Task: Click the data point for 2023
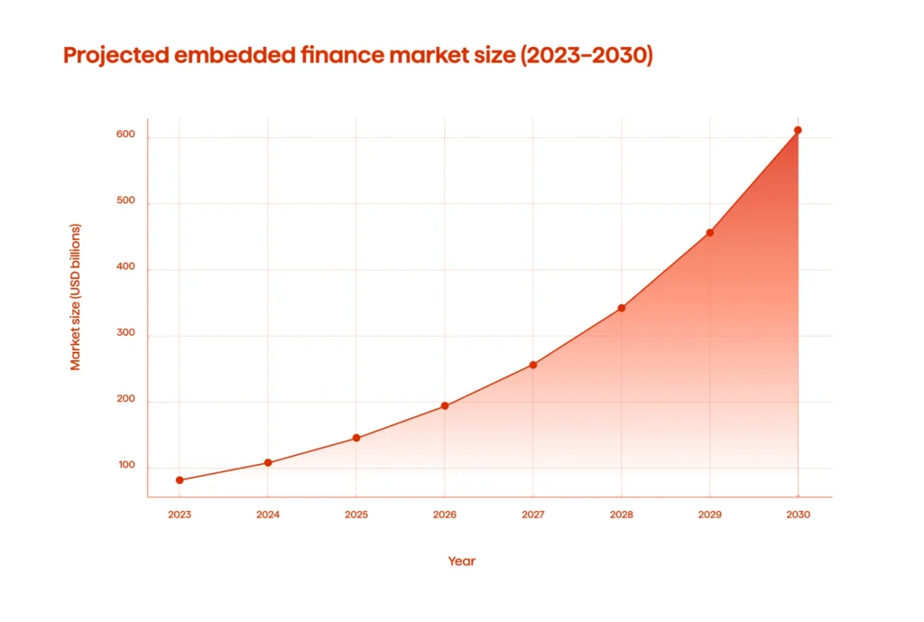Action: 180,480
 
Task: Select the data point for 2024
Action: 268,463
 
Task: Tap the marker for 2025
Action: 356,438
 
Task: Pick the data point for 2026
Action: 445,406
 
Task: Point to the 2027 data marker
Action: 533,365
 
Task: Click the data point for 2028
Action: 622,308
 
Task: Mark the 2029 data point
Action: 710,233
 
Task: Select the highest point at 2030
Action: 798,130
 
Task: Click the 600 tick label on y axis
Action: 125,135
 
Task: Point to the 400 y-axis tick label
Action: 125,268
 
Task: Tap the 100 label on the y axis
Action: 125,467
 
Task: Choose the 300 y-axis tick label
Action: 125,334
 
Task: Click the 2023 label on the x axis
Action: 180,515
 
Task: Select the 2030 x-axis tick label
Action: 798,515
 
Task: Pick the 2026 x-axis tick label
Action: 445,515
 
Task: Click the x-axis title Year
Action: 461,562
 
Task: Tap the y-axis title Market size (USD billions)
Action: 76,297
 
